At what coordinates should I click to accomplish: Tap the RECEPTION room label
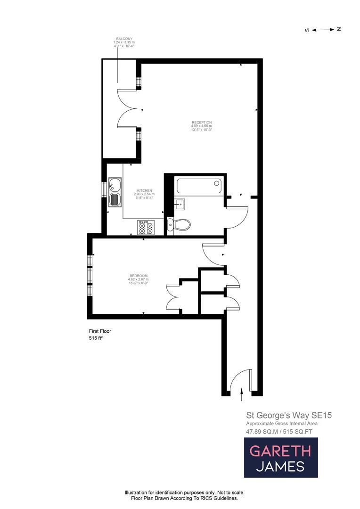[201, 122]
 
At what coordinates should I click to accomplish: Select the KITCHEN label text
[144, 190]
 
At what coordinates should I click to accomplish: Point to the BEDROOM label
[138, 276]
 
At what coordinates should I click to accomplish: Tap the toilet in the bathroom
[179, 225]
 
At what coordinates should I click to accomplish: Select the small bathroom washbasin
[179, 205]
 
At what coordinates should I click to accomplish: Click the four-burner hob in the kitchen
[145, 227]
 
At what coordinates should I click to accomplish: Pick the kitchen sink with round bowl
[115, 184]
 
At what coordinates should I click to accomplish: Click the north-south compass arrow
[323, 29]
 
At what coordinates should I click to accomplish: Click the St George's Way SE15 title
[283, 416]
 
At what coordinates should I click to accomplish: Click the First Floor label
[100, 331]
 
